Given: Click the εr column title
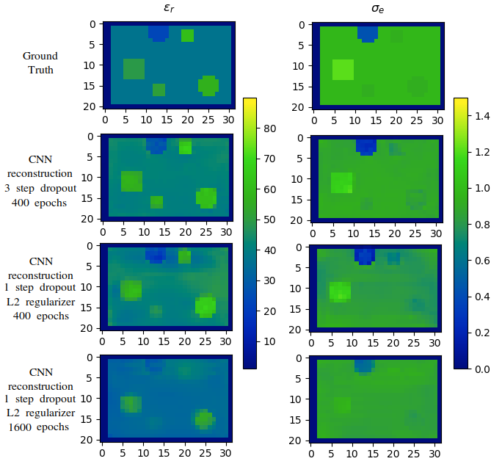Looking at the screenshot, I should [x=170, y=10].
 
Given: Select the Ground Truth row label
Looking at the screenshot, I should [x=40, y=62].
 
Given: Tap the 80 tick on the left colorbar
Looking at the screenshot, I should [x=269, y=128].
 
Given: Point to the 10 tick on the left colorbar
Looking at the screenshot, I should [x=269, y=341].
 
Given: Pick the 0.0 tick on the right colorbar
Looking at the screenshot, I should [x=481, y=368].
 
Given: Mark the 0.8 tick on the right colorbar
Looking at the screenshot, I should [x=481, y=224].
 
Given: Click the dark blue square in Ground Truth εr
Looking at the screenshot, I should [x=158, y=32].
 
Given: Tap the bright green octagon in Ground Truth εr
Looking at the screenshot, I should [x=208, y=85].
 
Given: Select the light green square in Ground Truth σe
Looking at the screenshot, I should [x=343, y=69].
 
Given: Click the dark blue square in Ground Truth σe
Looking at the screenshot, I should [x=368, y=32].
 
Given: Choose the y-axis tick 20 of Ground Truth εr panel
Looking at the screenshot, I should [x=92, y=107].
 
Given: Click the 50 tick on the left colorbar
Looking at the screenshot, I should [x=269, y=220].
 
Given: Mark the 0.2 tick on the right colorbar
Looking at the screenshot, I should [x=481, y=332].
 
